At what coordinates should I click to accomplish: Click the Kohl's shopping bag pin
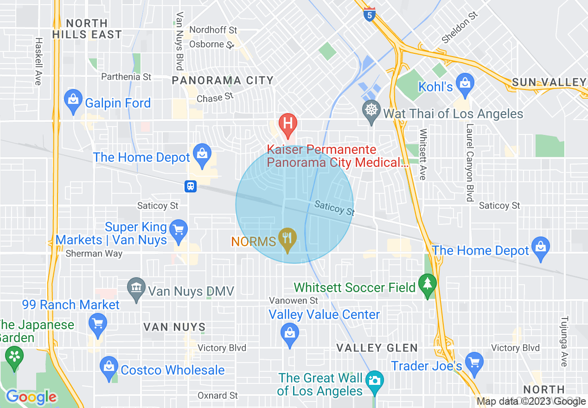pos(464,83)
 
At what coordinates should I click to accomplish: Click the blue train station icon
pos(191,186)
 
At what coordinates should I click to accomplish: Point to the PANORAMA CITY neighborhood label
pos(223,81)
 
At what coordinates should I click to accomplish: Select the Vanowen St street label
pos(294,301)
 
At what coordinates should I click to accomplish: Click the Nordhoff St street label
pos(213,30)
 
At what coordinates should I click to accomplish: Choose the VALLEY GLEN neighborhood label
pos(377,348)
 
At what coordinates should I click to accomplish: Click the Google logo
pos(32,397)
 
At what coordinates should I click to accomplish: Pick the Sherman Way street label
pos(94,254)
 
